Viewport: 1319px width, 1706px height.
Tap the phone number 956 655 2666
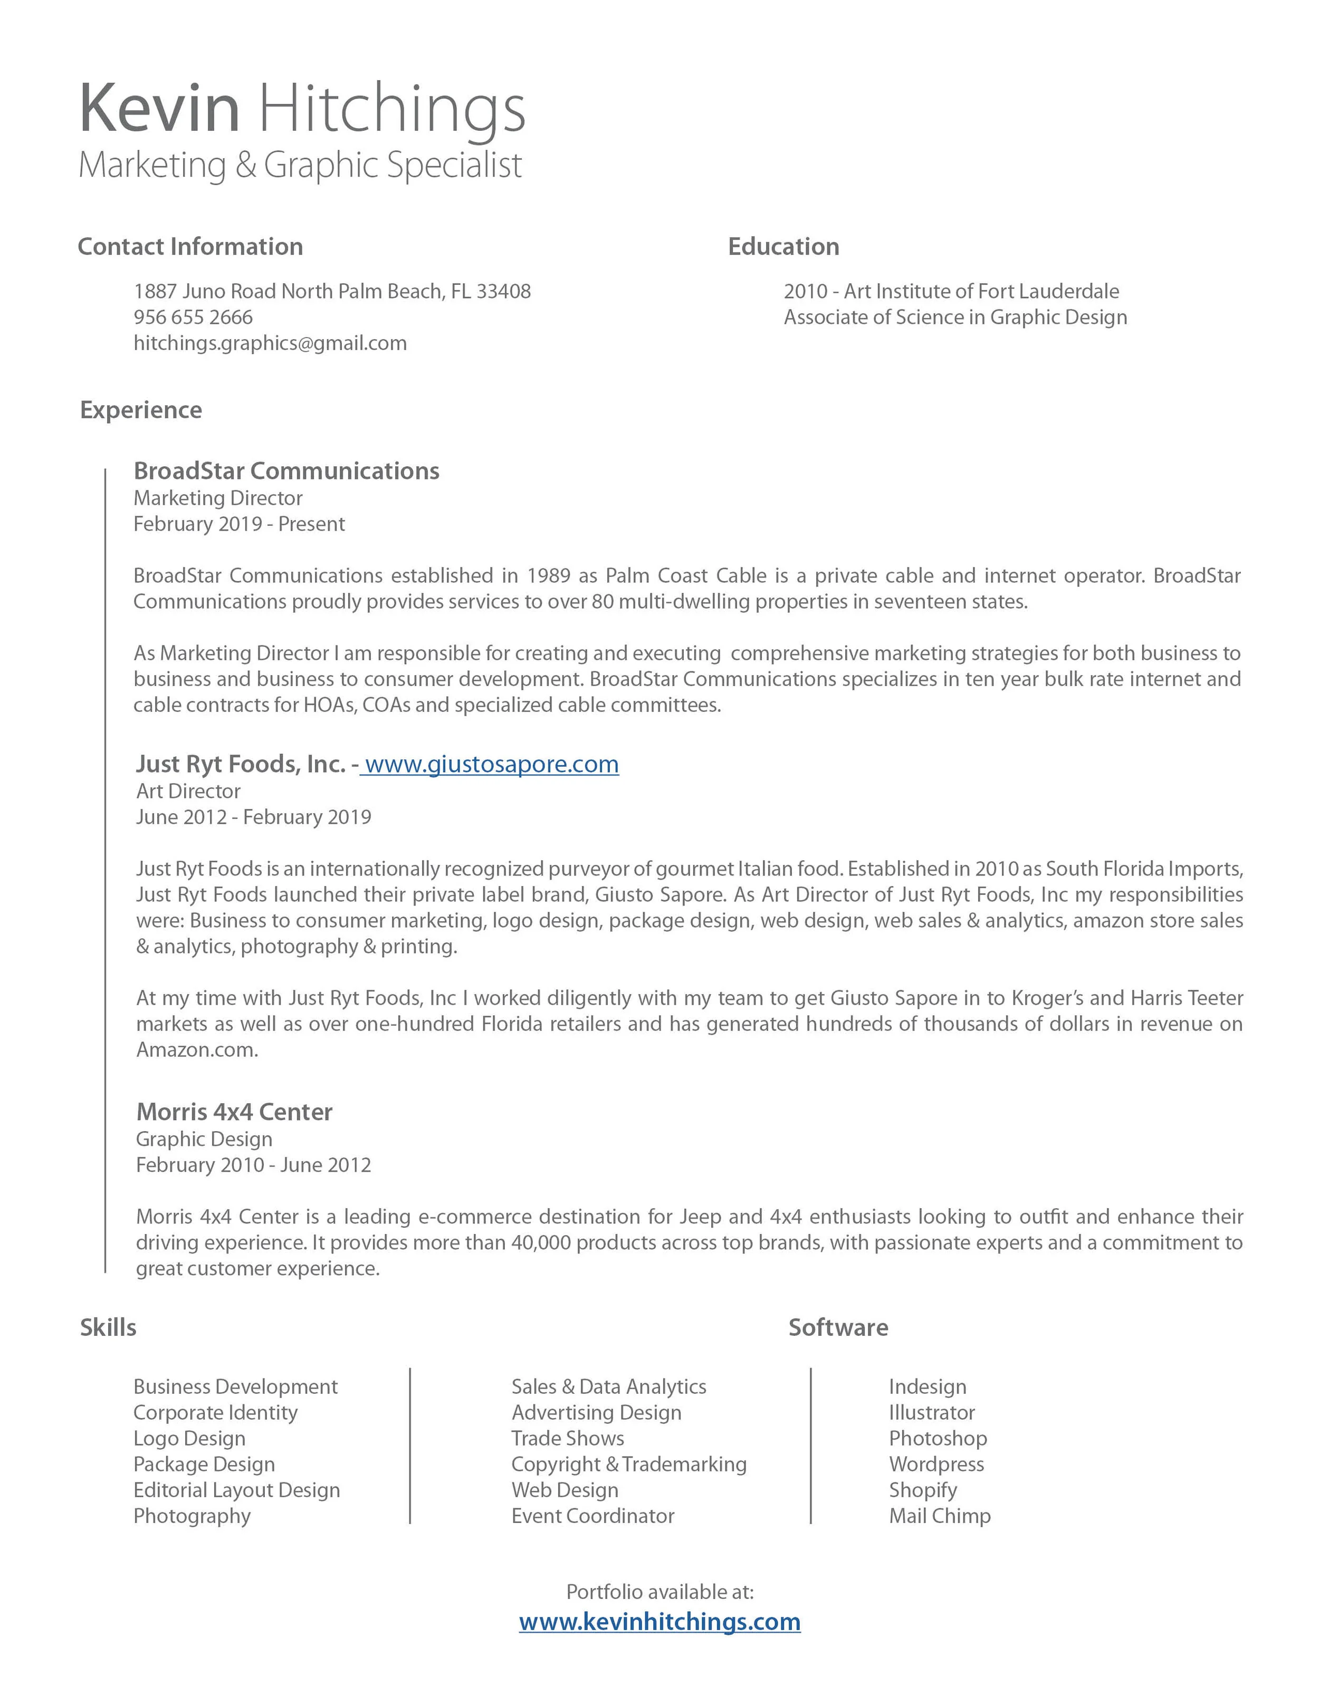[x=193, y=317]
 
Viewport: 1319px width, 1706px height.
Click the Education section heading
[x=783, y=247]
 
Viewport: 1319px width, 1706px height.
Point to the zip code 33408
[x=503, y=291]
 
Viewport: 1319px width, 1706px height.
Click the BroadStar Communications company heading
[x=286, y=471]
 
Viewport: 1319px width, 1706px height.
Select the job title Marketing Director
[x=218, y=498]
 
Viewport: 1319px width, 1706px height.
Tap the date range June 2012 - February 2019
[x=253, y=817]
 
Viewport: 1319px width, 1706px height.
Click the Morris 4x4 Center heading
[x=234, y=1112]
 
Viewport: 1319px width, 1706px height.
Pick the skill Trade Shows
[x=567, y=1438]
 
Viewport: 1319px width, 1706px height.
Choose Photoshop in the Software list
[x=938, y=1438]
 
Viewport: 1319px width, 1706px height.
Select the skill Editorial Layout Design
[x=237, y=1490]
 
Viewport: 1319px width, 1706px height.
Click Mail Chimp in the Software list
[x=939, y=1516]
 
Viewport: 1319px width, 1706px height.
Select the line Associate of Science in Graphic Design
[x=955, y=317]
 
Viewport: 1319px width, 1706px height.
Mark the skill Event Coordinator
[x=592, y=1516]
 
